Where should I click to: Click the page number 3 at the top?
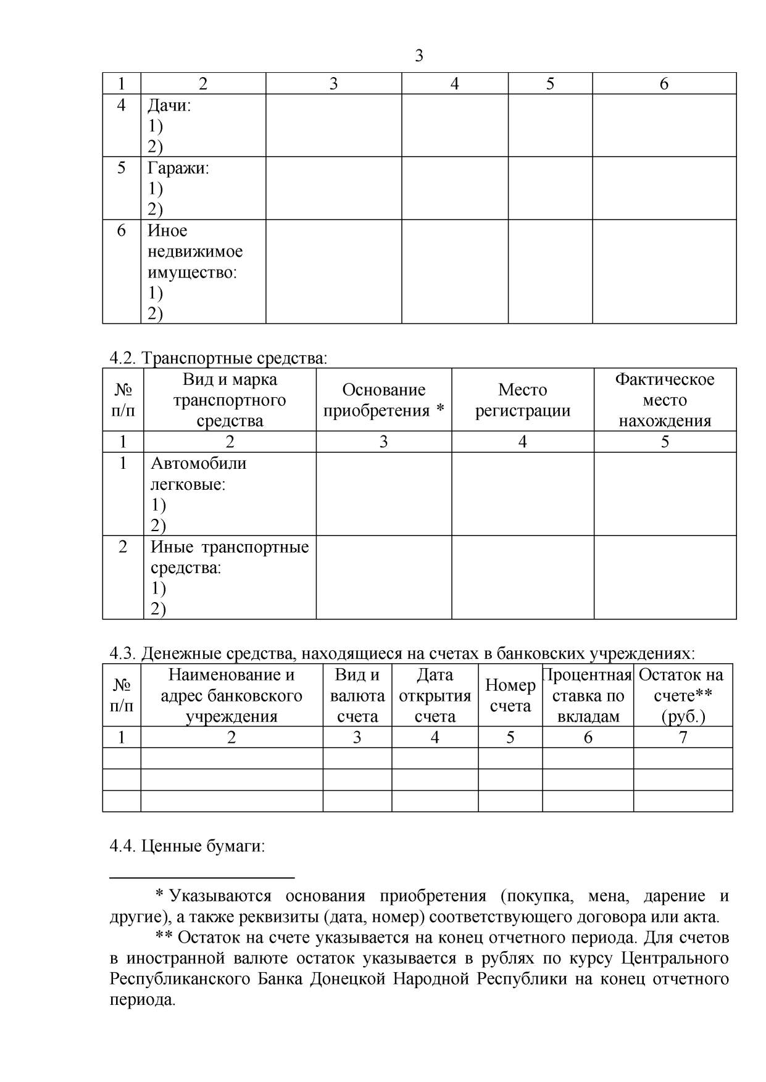419,56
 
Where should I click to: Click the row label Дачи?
169,105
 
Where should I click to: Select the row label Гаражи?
178,168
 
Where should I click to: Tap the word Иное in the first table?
167,231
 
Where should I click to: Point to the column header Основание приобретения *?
383,400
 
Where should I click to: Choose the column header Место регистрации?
522,400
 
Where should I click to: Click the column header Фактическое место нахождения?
665,400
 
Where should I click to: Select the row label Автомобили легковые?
198,473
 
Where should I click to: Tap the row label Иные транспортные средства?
229,557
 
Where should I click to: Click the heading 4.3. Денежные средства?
402,653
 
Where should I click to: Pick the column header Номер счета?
510,695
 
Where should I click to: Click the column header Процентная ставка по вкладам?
588,695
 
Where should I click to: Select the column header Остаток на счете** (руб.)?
682,695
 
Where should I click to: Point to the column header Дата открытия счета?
435,695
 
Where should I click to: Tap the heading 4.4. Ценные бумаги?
187,846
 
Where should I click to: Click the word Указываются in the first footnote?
220,896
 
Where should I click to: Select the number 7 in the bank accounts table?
683,737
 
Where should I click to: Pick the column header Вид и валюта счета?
357,695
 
